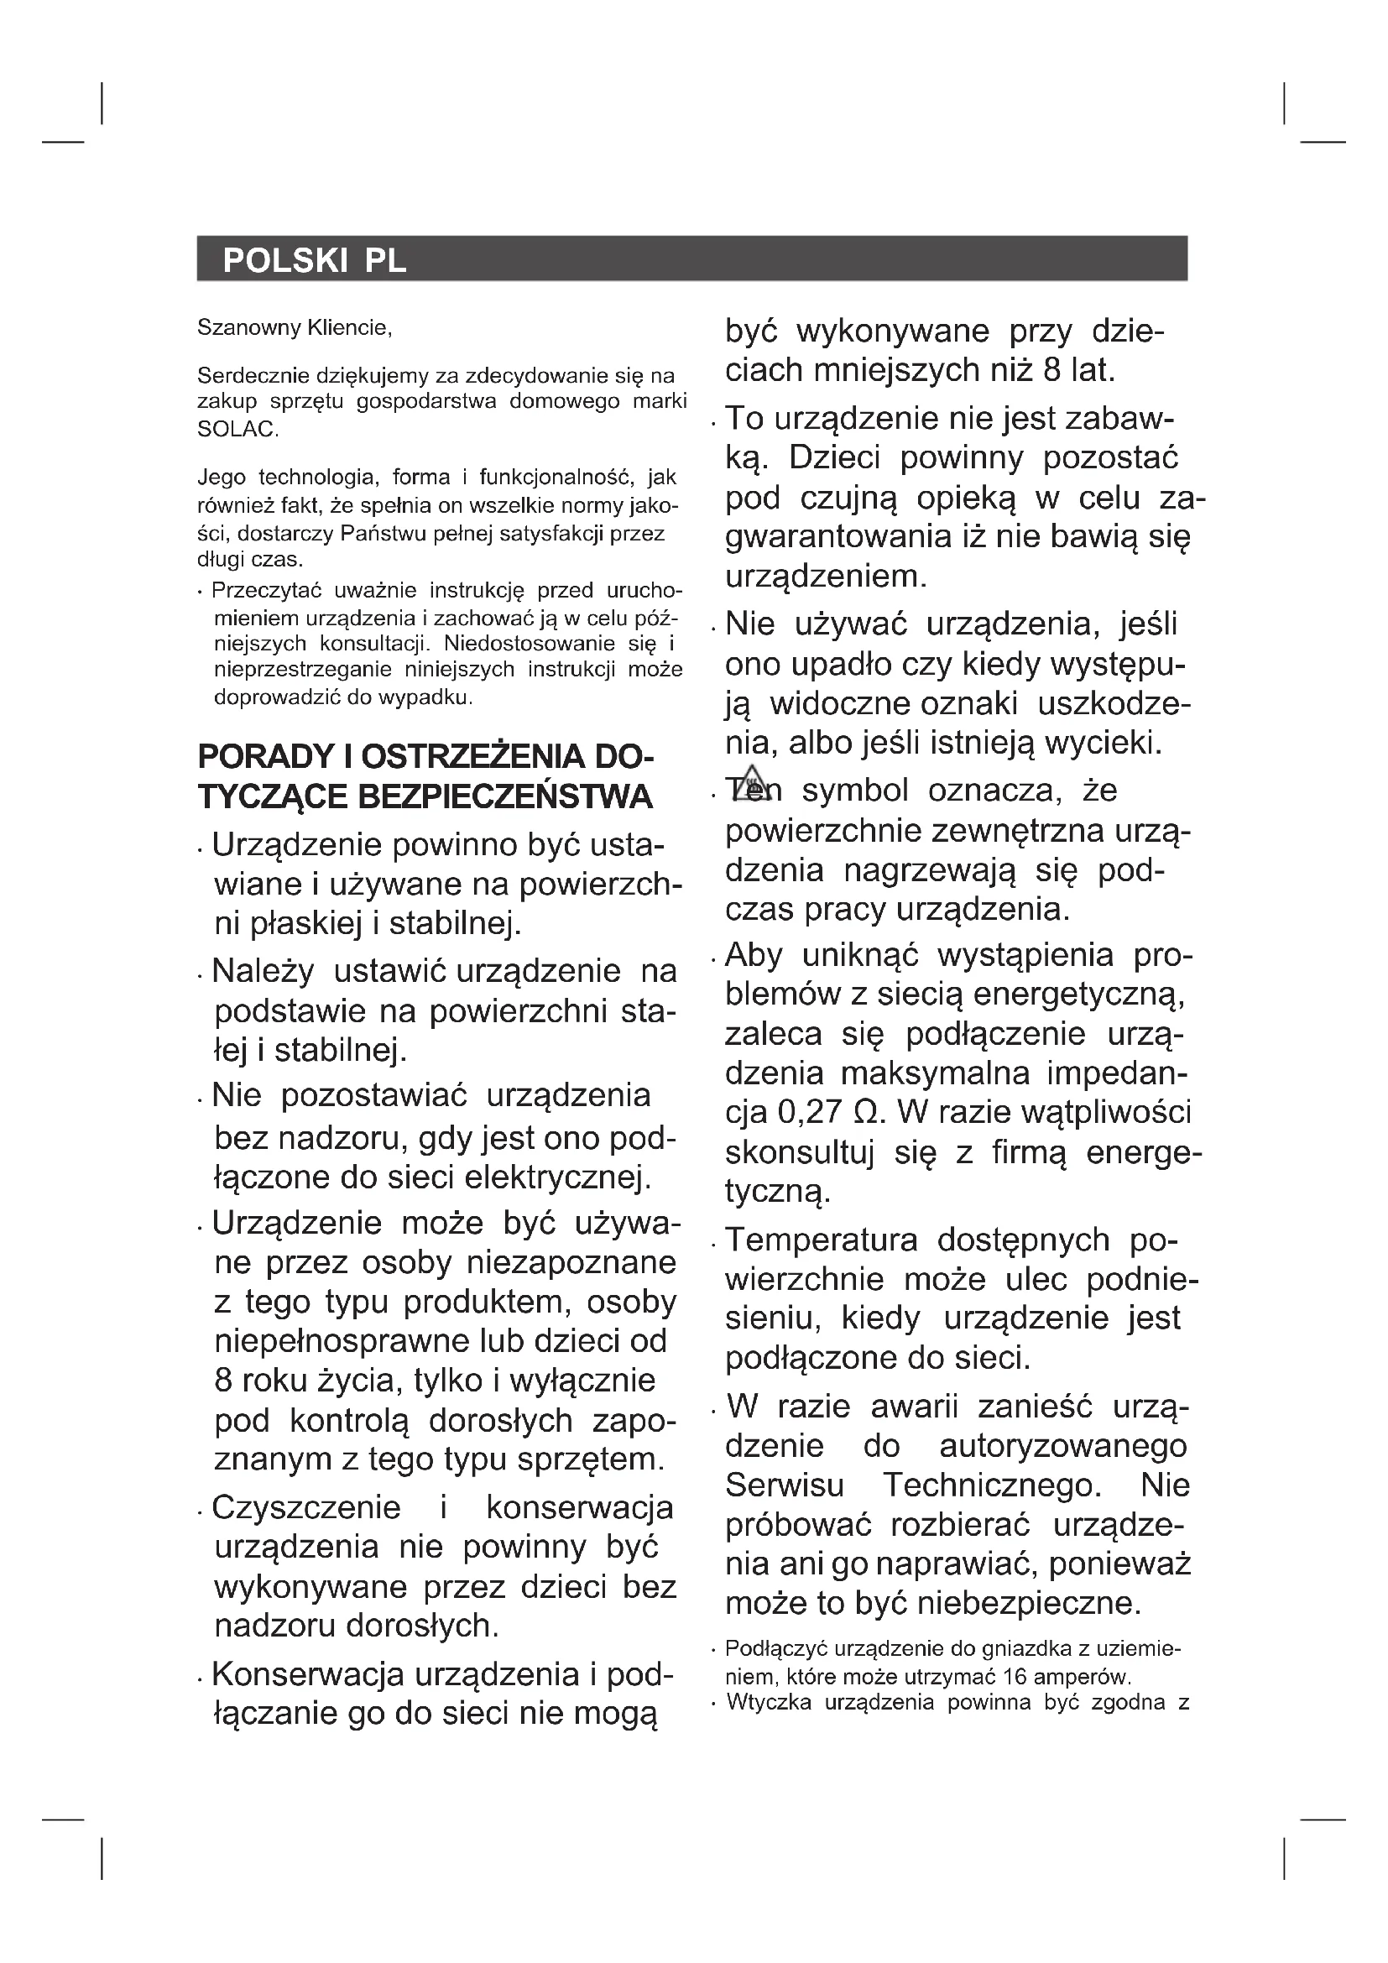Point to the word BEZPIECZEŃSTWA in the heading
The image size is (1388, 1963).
[504, 796]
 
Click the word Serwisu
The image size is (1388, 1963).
[785, 1485]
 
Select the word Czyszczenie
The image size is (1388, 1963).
[306, 1507]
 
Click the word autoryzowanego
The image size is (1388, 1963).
[1062, 1446]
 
